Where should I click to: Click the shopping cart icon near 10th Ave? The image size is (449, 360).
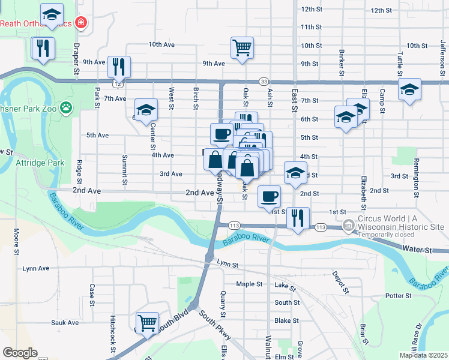point(242,47)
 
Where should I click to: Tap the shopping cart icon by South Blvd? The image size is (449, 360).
point(146,323)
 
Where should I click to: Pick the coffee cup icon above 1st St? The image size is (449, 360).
point(268,196)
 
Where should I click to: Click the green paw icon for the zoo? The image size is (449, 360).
point(65,109)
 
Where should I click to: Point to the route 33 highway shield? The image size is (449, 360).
point(264,81)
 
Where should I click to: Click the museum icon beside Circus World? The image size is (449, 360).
point(348,226)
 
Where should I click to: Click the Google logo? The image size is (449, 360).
point(20,353)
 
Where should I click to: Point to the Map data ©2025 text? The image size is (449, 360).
point(423,355)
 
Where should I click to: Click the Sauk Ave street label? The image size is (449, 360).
point(65,322)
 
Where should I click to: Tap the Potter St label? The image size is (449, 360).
point(398,296)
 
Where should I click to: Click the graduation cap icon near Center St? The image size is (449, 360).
point(146,109)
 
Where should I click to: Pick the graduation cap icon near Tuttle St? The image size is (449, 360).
point(409,89)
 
